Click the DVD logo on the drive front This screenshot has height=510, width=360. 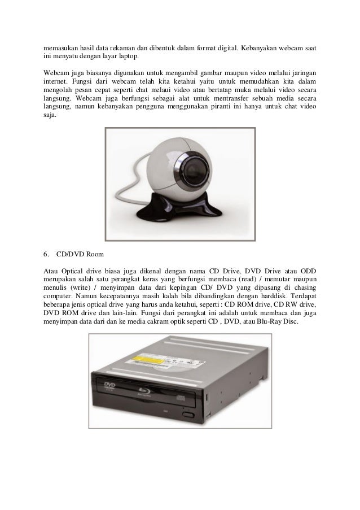tap(108, 386)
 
